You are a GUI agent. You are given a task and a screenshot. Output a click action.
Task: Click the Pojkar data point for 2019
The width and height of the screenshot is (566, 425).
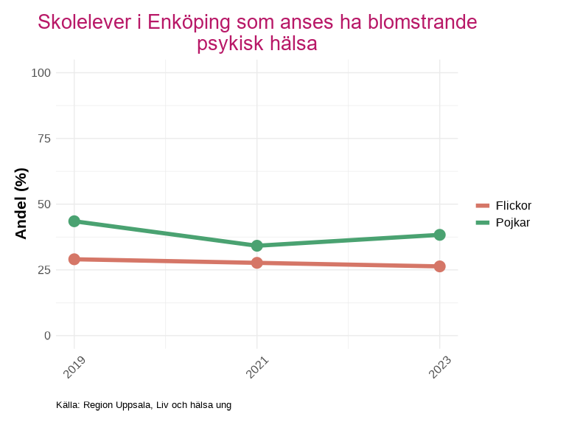(74, 221)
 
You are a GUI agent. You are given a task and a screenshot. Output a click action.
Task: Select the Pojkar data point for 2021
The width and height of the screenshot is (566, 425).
(257, 246)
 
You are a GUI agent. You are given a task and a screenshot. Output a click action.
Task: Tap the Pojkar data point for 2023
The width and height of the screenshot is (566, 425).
(439, 235)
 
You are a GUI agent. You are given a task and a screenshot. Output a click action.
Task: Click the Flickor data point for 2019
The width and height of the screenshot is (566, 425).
(74, 259)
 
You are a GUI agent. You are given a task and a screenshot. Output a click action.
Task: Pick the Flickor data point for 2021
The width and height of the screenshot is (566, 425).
(257, 263)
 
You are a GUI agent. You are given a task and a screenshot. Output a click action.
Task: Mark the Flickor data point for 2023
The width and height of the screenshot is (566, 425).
(439, 266)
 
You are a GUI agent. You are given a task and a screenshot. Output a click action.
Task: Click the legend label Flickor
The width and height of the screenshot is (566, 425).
(514, 206)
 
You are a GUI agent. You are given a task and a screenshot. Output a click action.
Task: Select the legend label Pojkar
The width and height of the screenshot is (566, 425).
(513, 222)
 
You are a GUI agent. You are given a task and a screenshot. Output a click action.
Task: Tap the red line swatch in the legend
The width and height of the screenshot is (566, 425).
(483, 206)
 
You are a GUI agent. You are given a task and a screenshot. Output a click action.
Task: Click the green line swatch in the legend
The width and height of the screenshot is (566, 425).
(483, 222)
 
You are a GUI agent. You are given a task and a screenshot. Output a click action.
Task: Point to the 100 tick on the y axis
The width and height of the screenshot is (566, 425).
(41, 72)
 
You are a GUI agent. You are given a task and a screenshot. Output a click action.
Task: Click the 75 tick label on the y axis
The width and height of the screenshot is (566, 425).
(44, 138)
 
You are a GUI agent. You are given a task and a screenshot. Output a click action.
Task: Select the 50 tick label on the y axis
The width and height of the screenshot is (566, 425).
(44, 204)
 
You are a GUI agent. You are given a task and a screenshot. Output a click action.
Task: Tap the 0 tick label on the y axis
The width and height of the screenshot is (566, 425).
(48, 336)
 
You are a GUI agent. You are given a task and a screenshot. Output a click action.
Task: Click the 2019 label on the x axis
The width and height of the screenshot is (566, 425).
(74, 367)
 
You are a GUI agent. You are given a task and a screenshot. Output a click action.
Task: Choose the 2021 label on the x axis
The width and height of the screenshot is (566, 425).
(256, 367)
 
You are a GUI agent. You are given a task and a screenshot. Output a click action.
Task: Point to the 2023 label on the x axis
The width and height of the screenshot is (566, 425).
(439, 367)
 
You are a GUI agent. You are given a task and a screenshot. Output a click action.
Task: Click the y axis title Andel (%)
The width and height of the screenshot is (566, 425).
(21, 204)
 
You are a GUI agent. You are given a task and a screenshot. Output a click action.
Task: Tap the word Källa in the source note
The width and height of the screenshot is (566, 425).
(67, 405)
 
